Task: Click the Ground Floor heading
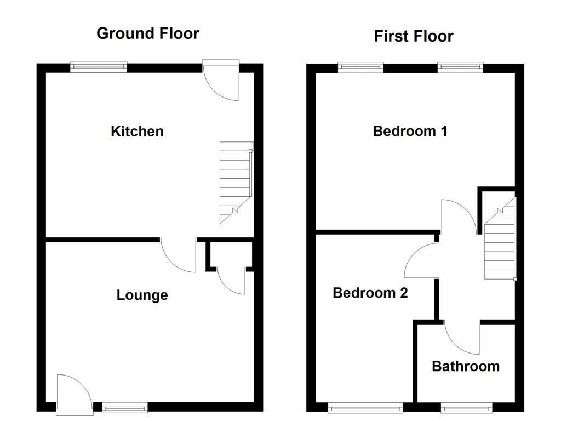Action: point(147,33)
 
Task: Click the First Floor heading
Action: point(413,36)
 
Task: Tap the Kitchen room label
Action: point(137,132)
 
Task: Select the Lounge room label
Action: point(142,295)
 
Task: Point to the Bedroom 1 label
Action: point(410,132)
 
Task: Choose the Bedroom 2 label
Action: point(370,293)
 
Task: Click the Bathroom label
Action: point(466,366)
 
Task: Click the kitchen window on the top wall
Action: point(99,68)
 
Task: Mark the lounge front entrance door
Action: point(72,392)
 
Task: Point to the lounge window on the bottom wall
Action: point(125,407)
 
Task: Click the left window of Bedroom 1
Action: point(360,68)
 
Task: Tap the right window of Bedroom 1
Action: point(460,68)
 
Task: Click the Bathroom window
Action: point(466,407)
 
